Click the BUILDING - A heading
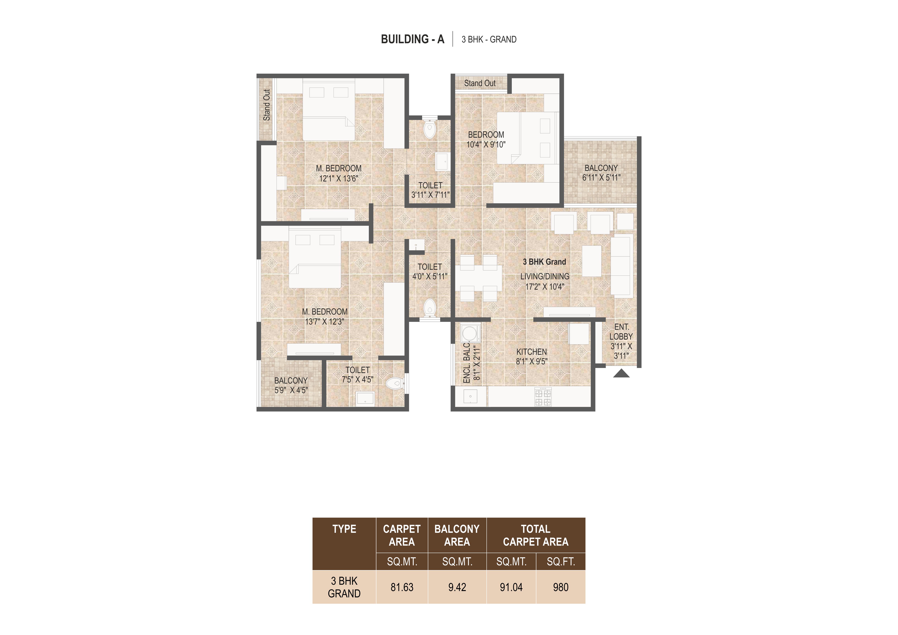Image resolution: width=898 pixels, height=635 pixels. click(413, 39)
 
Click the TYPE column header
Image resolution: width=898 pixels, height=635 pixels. click(344, 529)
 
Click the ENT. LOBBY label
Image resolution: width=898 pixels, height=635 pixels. click(621, 332)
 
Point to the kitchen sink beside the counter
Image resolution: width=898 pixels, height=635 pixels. click(471, 397)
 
